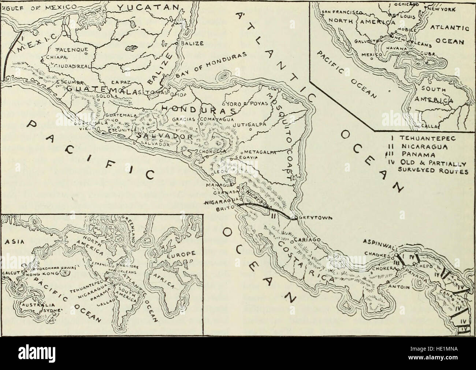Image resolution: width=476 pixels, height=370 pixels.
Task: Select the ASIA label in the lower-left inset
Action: click(x=11, y=242)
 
